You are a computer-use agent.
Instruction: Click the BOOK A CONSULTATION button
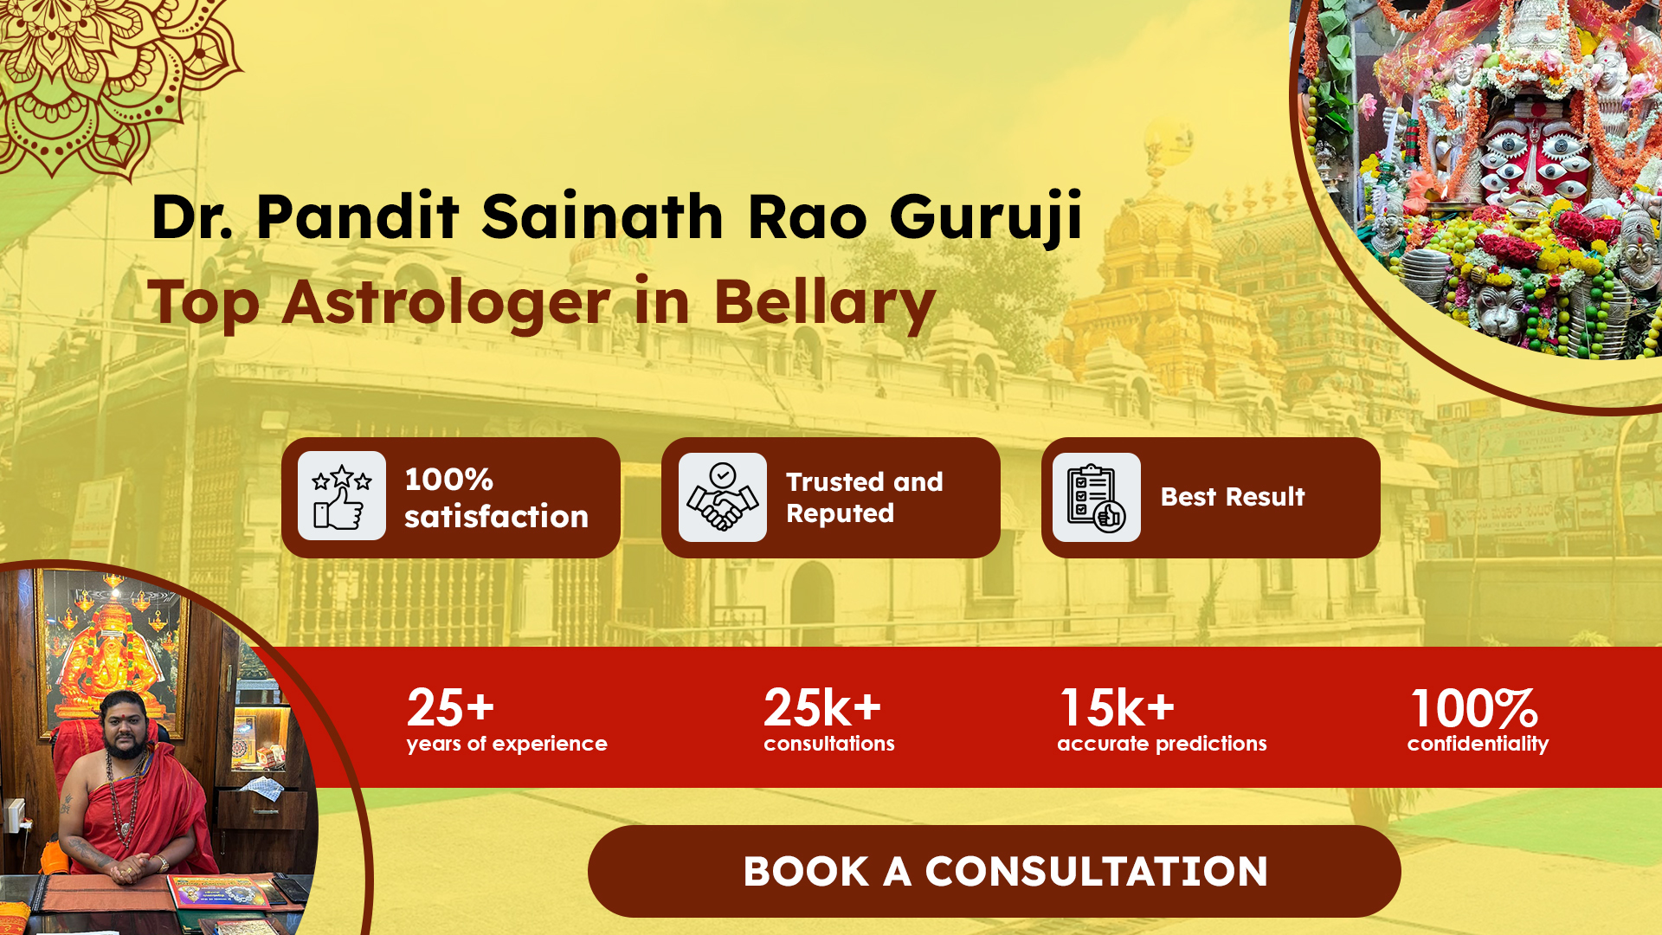(x=994, y=871)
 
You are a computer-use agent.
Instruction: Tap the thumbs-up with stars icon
(x=342, y=496)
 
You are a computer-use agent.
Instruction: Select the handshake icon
(x=723, y=497)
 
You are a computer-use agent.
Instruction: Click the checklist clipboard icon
(x=1097, y=497)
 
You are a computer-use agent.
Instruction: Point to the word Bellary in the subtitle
(x=824, y=303)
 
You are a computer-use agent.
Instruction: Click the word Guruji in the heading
(x=987, y=216)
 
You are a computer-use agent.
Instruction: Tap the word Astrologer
(x=447, y=304)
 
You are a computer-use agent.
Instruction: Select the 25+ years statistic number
(x=450, y=708)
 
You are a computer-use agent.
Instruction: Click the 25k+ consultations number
(x=822, y=708)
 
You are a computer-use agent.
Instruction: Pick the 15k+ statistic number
(x=1118, y=708)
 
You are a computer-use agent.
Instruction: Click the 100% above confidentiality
(x=1474, y=708)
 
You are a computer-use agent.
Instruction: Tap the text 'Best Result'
(x=1233, y=497)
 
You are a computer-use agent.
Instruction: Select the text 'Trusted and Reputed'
(x=864, y=498)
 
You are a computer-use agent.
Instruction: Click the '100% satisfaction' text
(x=496, y=498)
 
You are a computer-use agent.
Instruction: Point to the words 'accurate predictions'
(x=1162, y=744)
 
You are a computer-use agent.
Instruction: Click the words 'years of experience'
(x=507, y=744)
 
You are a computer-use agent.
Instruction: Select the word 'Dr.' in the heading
(x=191, y=216)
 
